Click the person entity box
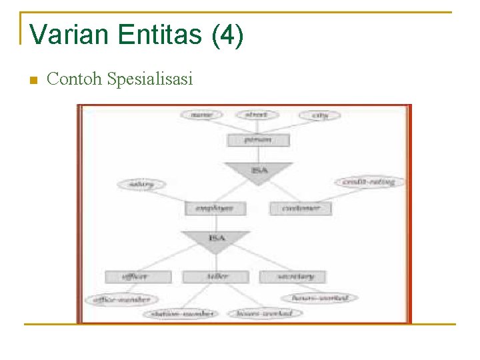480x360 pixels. coord(258,141)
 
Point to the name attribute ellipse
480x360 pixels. coord(201,115)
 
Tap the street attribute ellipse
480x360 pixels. coord(256,115)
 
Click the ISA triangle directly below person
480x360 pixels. coord(259,171)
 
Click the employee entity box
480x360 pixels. coord(215,209)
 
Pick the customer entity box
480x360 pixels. coord(300,209)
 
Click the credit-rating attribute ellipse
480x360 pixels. coord(369,181)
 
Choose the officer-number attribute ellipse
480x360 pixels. coord(122,300)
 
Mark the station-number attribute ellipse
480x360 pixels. coord(183,313)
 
